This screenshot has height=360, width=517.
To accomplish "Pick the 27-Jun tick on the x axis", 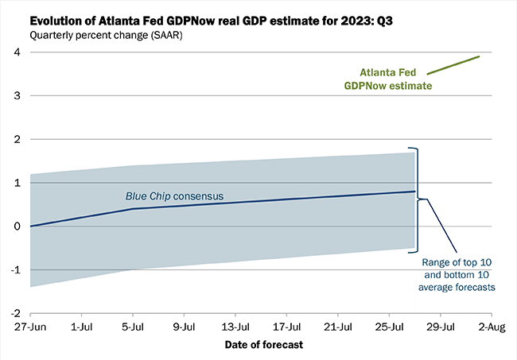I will click(29, 327).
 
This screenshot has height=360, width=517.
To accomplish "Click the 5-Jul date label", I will click(133, 327).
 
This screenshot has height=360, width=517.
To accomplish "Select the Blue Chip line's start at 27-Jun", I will click(30, 226).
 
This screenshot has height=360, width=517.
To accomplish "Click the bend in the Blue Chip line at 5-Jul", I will click(133, 209).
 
